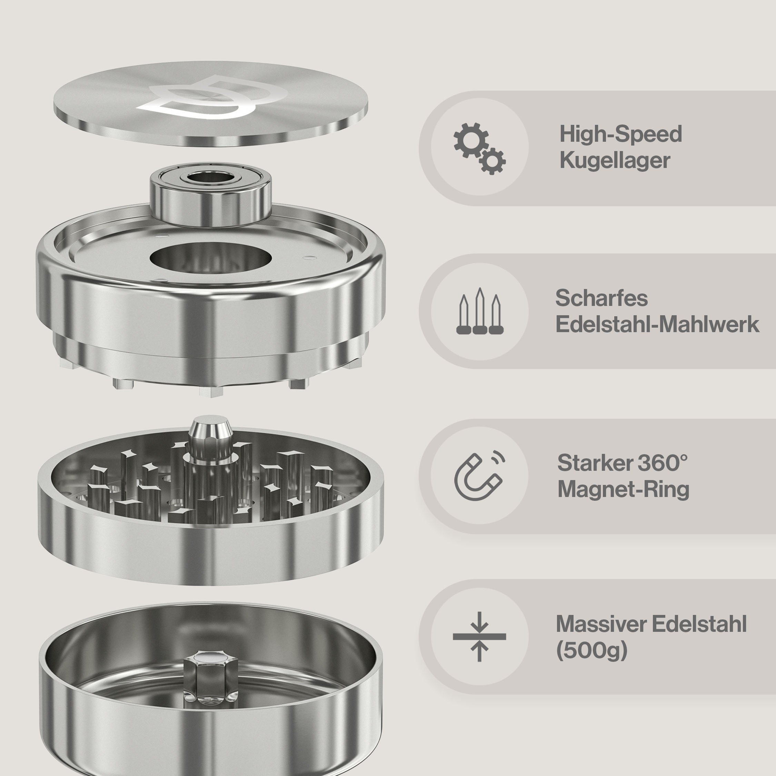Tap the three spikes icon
click(480, 311)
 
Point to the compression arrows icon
click(479, 637)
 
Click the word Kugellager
click(615, 161)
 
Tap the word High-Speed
click(620, 134)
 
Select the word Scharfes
click(601, 298)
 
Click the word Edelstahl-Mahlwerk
click(657, 325)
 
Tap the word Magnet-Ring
click(623, 490)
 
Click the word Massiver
click(601, 624)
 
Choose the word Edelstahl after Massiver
click(699, 624)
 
